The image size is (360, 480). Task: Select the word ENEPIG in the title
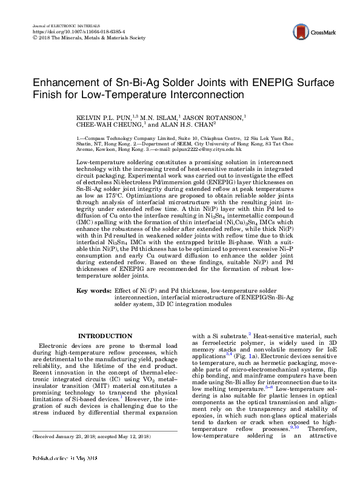pyautogui.click(x=247, y=82)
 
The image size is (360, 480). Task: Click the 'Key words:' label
pyautogui.click(x=94, y=291)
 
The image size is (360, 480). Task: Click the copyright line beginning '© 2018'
pyautogui.click(x=88, y=37)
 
